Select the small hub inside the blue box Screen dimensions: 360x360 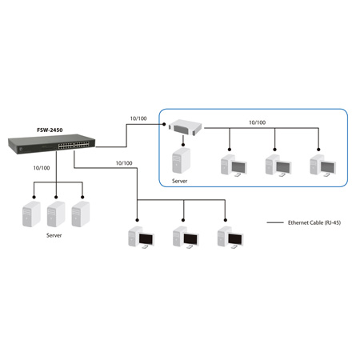[186, 126]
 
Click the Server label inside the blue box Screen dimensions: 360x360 [180, 182]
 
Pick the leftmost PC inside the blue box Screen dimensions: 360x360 [232, 163]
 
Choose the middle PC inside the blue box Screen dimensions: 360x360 [276, 163]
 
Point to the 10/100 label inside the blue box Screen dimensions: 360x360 [257, 122]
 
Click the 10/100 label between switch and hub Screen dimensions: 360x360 [138, 119]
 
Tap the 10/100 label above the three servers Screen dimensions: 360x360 [41, 168]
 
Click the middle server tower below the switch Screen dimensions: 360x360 [56, 215]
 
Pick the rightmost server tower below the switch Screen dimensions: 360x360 [79, 215]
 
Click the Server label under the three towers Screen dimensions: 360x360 [54, 236]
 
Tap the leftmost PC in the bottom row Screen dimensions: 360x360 [140, 239]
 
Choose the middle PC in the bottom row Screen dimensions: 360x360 [185, 239]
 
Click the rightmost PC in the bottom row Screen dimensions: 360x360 [229, 239]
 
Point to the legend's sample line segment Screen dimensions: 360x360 [275, 222]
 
